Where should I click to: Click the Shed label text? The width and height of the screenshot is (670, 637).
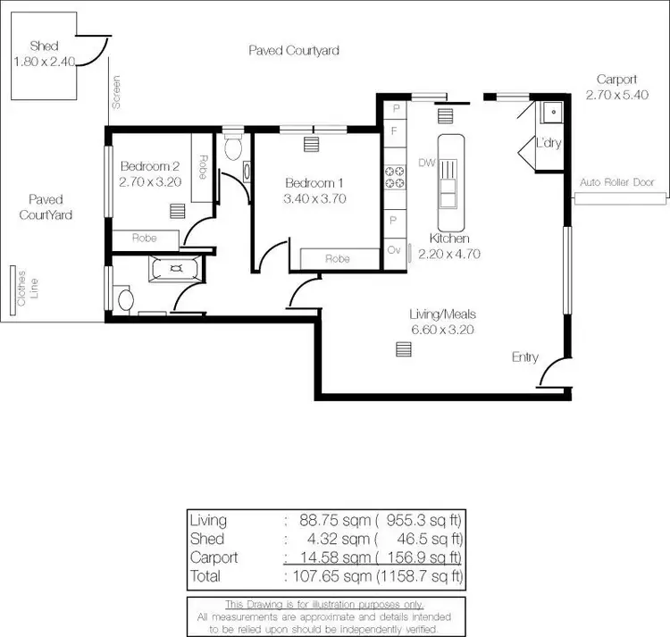(43, 46)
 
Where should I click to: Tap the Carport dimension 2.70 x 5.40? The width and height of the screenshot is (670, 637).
(616, 94)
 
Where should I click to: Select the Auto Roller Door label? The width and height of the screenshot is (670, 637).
(616, 182)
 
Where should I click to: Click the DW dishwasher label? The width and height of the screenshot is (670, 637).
(425, 163)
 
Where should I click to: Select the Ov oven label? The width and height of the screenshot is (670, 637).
(394, 251)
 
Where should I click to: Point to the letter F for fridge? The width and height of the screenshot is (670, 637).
(394, 130)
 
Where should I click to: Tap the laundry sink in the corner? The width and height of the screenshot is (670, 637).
(550, 112)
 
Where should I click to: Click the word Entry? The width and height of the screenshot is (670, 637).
(525, 357)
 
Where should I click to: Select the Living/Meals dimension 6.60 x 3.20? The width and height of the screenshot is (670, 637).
(442, 329)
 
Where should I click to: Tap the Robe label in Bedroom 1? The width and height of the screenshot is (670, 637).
(337, 259)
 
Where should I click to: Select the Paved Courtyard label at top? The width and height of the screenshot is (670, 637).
(294, 51)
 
